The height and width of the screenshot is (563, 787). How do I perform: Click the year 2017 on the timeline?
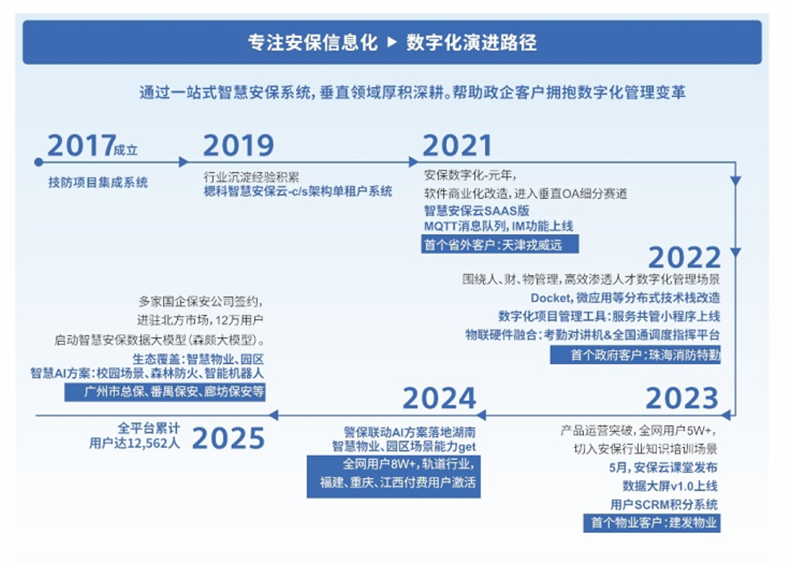click(x=80, y=146)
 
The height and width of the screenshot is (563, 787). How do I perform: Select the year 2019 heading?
click(x=238, y=146)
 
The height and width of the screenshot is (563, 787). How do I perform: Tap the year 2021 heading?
click(x=456, y=146)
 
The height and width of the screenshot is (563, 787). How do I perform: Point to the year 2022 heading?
click(x=684, y=257)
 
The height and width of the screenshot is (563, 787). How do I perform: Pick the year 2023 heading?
click(x=682, y=398)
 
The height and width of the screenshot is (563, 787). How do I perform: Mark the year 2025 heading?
click(x=229, y=439)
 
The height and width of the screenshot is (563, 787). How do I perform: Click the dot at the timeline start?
click(x=39, y=161)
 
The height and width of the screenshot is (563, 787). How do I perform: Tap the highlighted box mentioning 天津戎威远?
click(x=499, y=245)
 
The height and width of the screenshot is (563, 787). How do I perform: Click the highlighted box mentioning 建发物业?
click(x=651, y=522)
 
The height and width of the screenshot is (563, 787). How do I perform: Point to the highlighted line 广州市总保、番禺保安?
click(x=164, y=391)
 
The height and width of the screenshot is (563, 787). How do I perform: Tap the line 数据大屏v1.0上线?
click(x=670, y=486)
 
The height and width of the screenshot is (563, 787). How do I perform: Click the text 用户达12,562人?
click(x=135, y=443)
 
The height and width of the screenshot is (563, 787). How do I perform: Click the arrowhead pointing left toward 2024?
click(x=481, y=414)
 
